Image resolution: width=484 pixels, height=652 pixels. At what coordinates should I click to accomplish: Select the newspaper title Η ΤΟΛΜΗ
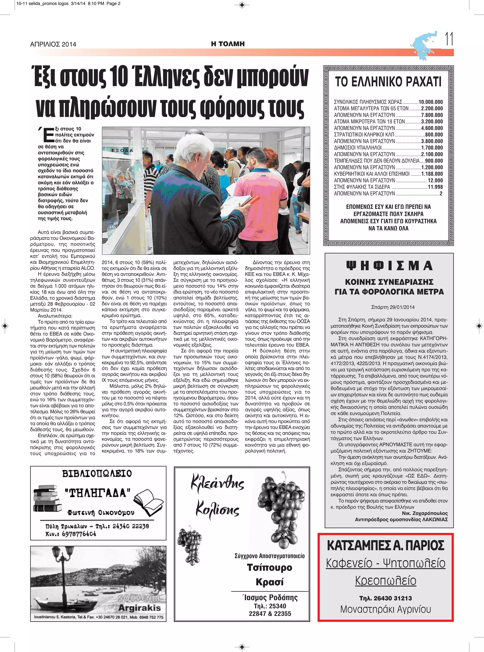pyautogui.click(x=228, y=44)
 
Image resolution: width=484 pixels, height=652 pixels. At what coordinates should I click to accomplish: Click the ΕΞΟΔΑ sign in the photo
pyautogui.click(x=122, y=150)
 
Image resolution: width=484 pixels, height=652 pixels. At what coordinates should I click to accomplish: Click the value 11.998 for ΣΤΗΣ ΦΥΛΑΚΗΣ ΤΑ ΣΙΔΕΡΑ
pyautogui.click(x=435, y=187)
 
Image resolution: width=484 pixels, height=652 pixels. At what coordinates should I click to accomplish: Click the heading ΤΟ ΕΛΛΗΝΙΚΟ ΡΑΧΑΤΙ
pyautogui.click(x=388, y=82)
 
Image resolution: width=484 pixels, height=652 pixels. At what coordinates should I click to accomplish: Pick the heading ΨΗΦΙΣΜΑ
pyautogui.click(x=389, y=266)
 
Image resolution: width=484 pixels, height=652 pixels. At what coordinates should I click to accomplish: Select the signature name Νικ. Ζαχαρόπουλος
pyautogui.click(x=424, y=513)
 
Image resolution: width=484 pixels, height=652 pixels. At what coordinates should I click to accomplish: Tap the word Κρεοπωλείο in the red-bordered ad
pyautogui.click(x=385, y=580)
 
